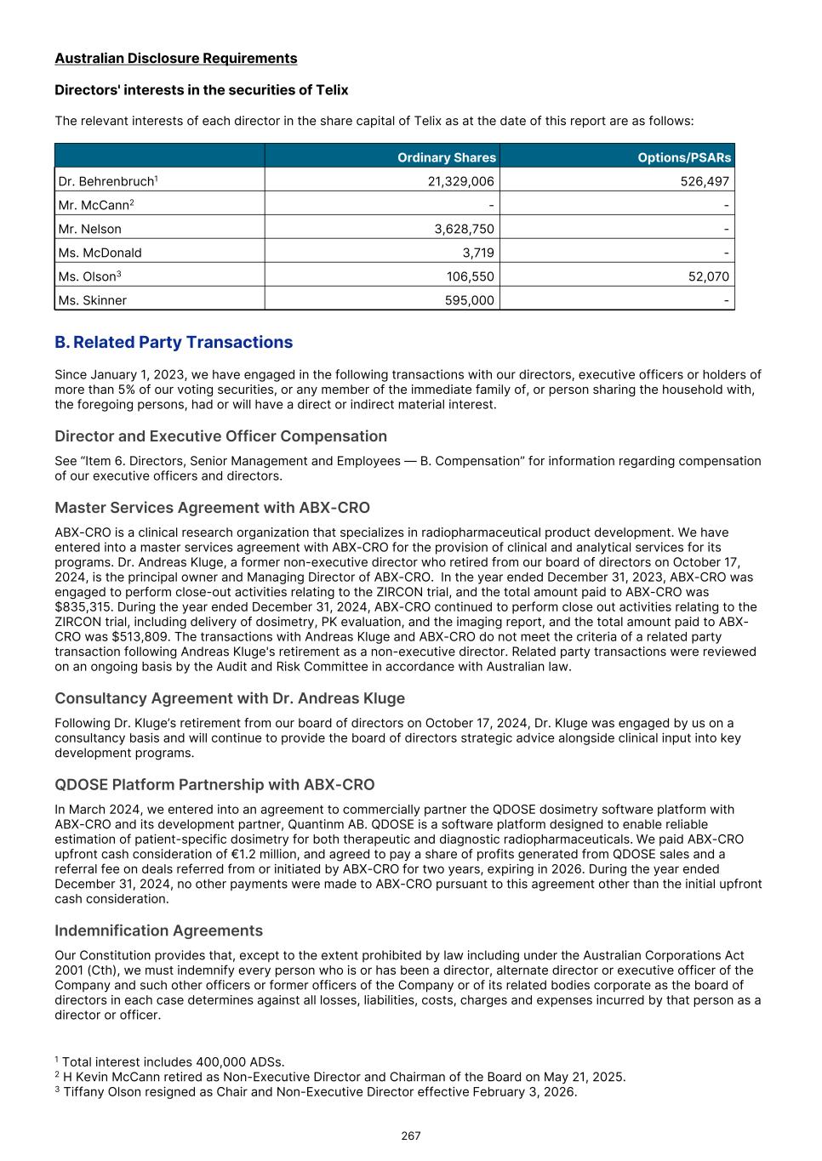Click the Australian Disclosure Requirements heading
[176, 58]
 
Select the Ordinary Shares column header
[446, 157]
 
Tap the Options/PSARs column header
[683, 157]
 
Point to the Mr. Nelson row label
[90, 229]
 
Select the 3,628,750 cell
[464, 229]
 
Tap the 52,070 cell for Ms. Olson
[708, 276]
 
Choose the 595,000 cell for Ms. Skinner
[470, 300]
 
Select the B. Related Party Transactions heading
[174, 342]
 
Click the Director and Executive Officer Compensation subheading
[220, 436]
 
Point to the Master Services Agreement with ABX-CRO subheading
[212, 508]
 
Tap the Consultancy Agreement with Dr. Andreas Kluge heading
[230, 698]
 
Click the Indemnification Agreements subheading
[158, 931]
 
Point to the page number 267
[411, 1135]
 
